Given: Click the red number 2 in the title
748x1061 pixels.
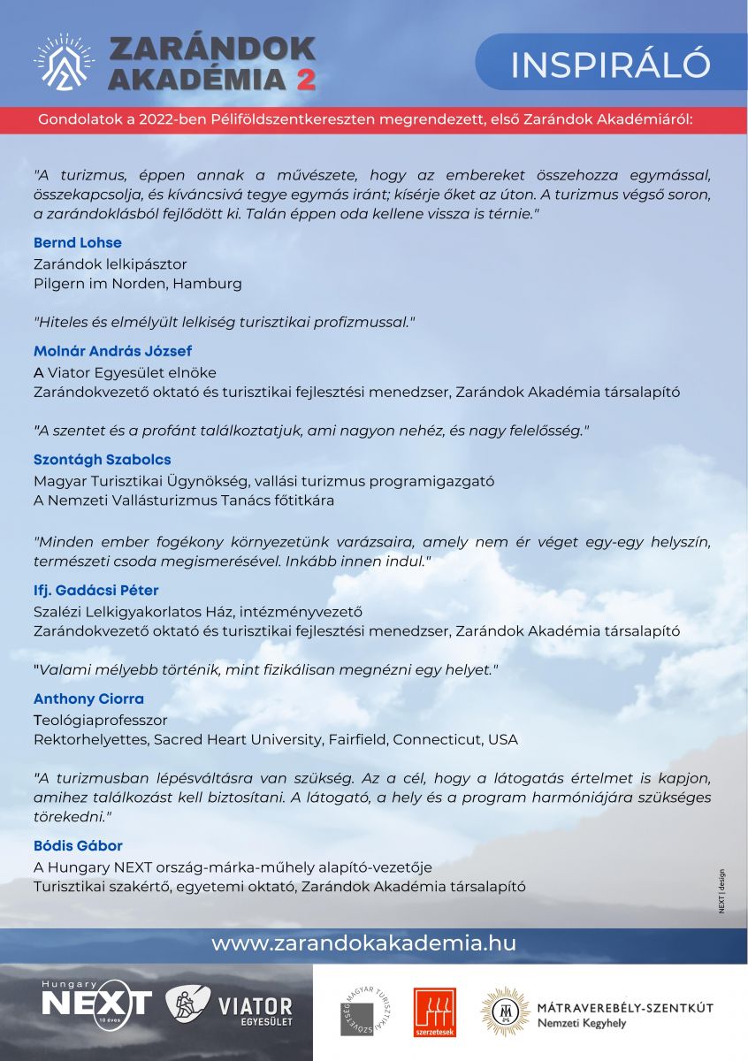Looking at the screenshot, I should (x=305, y=79).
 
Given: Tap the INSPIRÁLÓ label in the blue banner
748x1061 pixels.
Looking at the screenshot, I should (x=610, y=64).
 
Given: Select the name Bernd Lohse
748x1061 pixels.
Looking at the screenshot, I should (x=78, y=242).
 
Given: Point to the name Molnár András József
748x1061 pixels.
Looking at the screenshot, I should (x=112, y=351).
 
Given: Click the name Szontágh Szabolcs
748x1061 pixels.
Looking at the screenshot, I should (x=102, y=460).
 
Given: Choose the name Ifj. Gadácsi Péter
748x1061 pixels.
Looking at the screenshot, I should (x=95, y=590).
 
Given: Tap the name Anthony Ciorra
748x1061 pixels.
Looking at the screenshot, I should (x=88, y=698).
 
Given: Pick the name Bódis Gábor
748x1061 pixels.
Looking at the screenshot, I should (x=78, y=846).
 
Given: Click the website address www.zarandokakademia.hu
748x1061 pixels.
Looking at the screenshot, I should (x=363, y=943).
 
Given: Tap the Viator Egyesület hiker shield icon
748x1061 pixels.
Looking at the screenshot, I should (x=187, y=1006).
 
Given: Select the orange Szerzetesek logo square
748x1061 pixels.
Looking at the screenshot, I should (x=432, y=1011).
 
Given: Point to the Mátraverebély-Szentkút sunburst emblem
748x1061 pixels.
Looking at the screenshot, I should (x=505, y=1011).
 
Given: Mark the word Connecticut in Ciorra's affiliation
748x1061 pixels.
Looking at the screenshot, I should (x=439, y=739).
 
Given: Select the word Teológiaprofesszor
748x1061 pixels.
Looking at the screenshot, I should (x=100, y=720).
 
